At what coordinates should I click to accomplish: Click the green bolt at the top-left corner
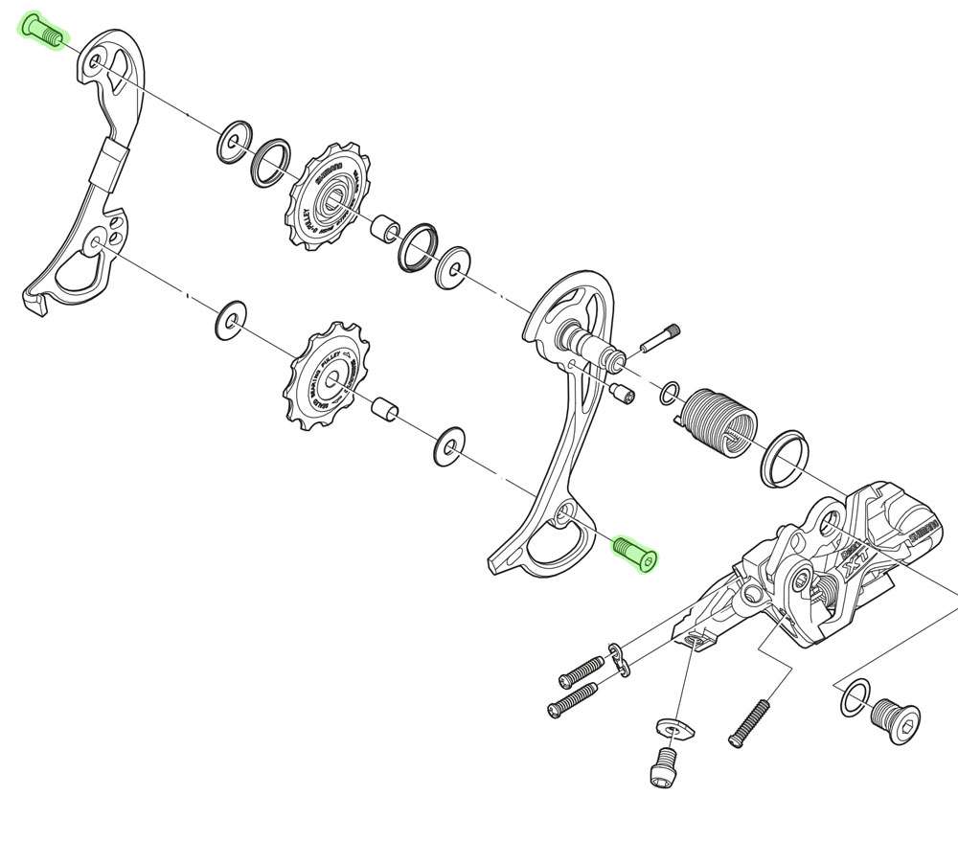(42, 31)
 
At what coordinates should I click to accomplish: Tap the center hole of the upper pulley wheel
(331, 200)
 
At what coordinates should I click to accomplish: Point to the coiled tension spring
(718, 422)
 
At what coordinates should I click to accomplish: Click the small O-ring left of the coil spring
(672, 391)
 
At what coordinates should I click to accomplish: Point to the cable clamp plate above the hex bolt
(674, 729)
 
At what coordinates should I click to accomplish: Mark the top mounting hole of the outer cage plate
(96, 65)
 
